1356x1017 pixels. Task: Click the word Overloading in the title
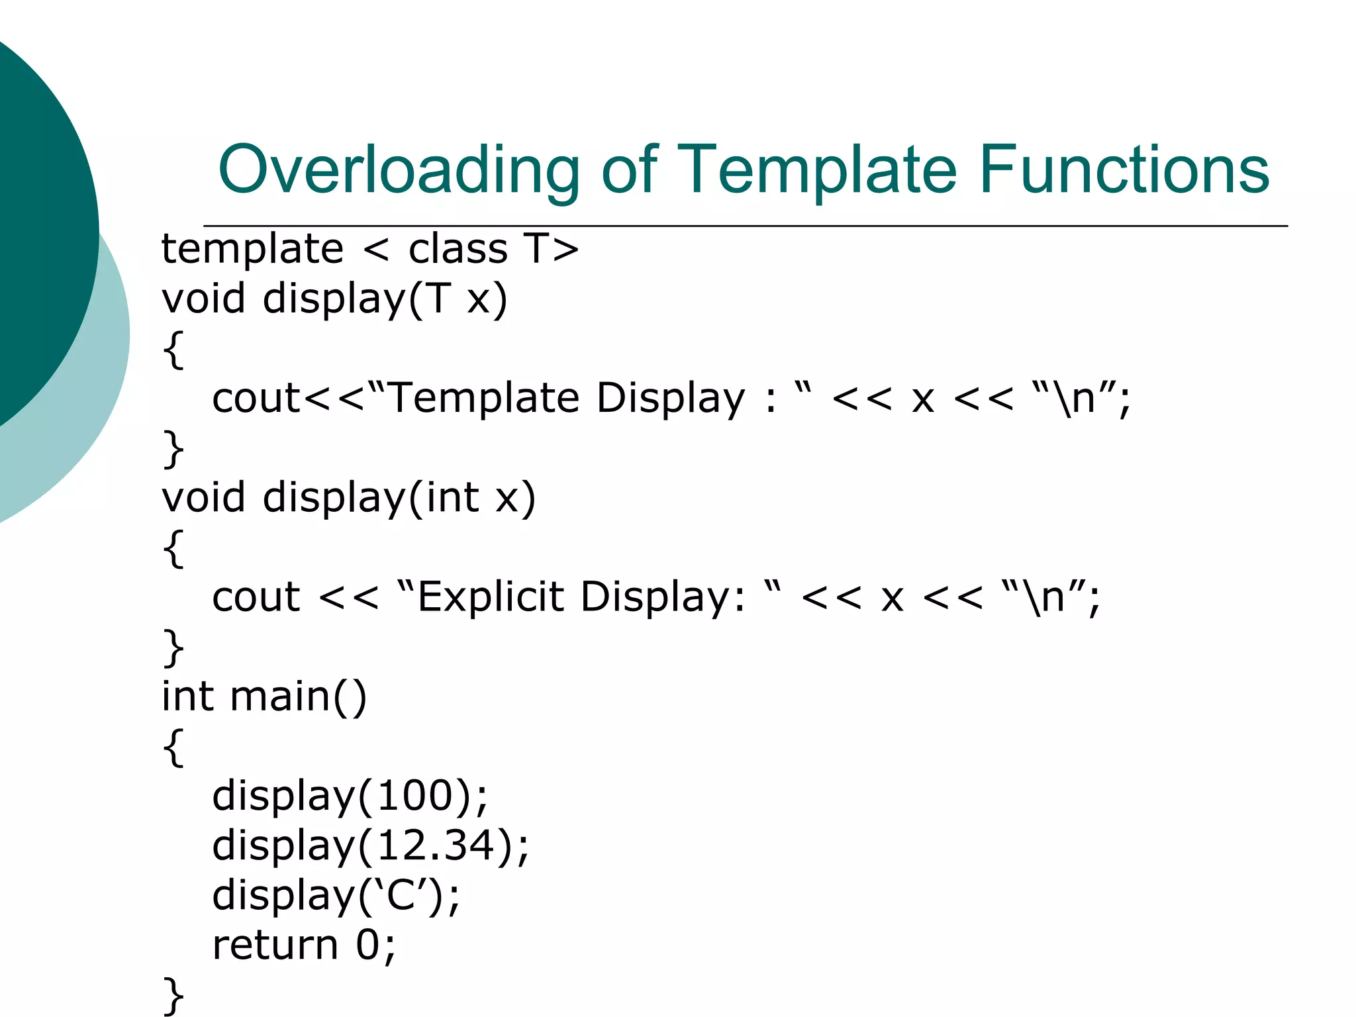(x=399, y=171)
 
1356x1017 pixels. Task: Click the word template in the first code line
(x=252, y=250)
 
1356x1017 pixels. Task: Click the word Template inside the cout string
(x=483, y=398)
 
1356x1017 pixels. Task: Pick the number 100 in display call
(x=415, y=796)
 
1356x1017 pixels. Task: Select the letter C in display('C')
(x=401, y=895)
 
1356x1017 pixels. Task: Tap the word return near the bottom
(x=275, y=945)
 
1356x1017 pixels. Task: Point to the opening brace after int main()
(x=173, y=747)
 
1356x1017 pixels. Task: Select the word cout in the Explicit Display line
(x=256, y=597)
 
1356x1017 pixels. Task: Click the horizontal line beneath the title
(x=745, y=226)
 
